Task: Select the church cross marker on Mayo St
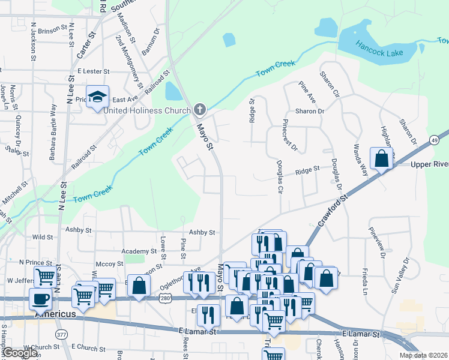pos(200,109)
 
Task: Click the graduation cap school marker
pos(97,97)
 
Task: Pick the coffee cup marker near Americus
pos(41,298)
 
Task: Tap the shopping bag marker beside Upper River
pos(381,159)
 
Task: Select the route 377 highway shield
pos(61,334)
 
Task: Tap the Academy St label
pos(138,251)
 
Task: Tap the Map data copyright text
pos(423,355)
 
